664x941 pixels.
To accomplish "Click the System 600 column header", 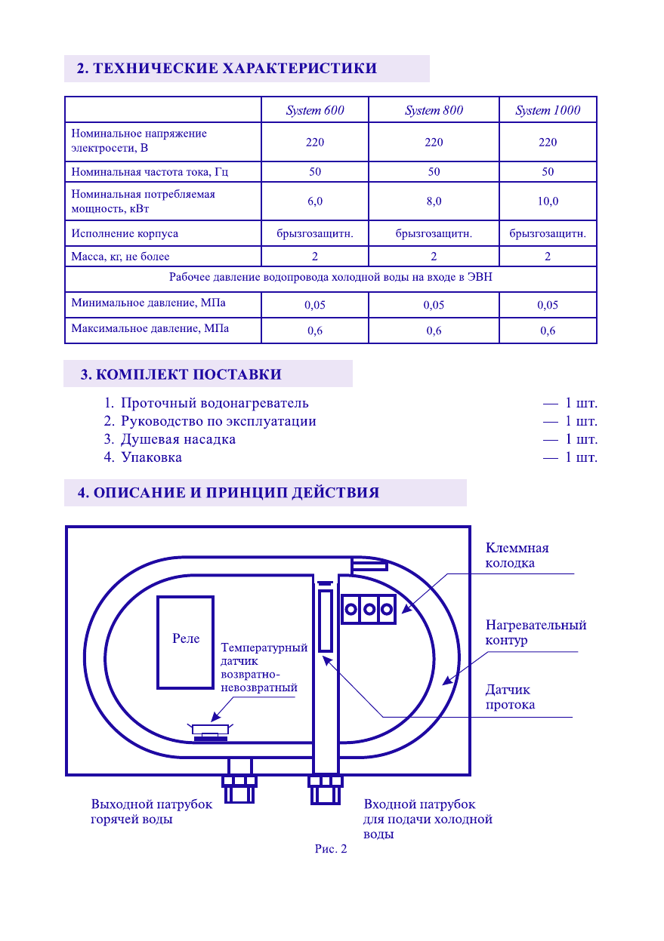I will pyautogui.click(x=315, y=110).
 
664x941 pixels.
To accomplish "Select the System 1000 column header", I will pyautogui.click(x=548, y=110).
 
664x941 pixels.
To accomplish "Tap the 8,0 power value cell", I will pyautogui.click(x=434, y=201).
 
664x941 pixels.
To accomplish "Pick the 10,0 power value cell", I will pyautogui.click(x=548, y=201).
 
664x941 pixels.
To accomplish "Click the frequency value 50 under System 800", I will pyautogui.click(x=434, y=172).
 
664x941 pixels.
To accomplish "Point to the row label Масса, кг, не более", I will pyautogui.click(x=121, y=257).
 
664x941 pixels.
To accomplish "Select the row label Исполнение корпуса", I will pyautogui.click(x=125, y=233).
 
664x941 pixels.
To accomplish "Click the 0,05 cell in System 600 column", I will pyautogui.click(x=315, y=306).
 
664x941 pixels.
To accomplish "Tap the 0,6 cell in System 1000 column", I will pyautogui.click(x=548, y=331).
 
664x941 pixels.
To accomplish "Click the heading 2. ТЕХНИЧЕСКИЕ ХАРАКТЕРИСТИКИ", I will pyautogui.click(x=227, y=69).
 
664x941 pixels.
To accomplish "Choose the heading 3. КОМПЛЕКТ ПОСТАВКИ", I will pyautogui.click(x=181, y=374).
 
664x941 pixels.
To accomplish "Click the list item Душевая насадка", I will pyautogui.click(x=178, y=439).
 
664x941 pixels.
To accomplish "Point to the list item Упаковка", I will pyautogui.click(x=151, y=457).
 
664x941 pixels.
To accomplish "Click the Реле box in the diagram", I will pyautogui.click(x=185, y=641).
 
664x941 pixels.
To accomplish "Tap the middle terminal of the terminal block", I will pyautogui.click(x=369, y=608).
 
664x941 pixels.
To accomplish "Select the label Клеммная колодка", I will pyautogui.click(x=517, y=555).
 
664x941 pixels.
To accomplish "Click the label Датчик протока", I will pyautogui.click(x=510, y=697).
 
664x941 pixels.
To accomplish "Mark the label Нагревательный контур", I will pyautogui.click(x=536, y=632).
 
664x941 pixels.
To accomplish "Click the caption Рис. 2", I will pyautogui.click(x=331, y=849).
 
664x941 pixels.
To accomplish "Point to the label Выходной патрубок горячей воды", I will pyautogui.click(x=152, y=812).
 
